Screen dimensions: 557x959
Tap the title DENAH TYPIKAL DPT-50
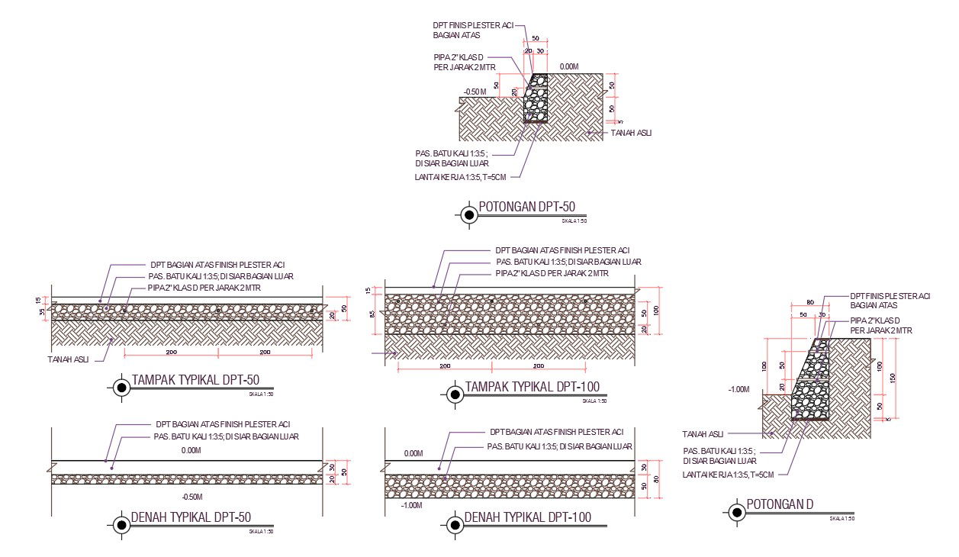point(191,517)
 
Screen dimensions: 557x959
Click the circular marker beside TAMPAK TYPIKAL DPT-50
point(121,388)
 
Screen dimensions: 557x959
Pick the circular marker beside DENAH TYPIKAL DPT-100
point(454,524)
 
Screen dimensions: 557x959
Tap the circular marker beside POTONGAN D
point(737,512)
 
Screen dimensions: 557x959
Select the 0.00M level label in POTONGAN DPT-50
point(569,67)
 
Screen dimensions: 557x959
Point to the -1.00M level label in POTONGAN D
point(739,389)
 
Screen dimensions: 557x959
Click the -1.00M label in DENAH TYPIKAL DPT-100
point(413,505)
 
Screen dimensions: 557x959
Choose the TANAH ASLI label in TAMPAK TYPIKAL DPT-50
point(66,359)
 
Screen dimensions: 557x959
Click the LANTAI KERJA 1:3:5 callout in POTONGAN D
point(728,475)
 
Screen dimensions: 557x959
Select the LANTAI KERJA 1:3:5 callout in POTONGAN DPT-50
point(459,177)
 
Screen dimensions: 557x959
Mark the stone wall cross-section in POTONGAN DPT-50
point(536,98)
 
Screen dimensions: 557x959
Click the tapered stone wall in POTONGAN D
point(810,382)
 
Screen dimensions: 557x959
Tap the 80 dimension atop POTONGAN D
point(810,301)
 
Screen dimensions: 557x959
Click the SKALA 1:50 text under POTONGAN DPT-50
point(574,221)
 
